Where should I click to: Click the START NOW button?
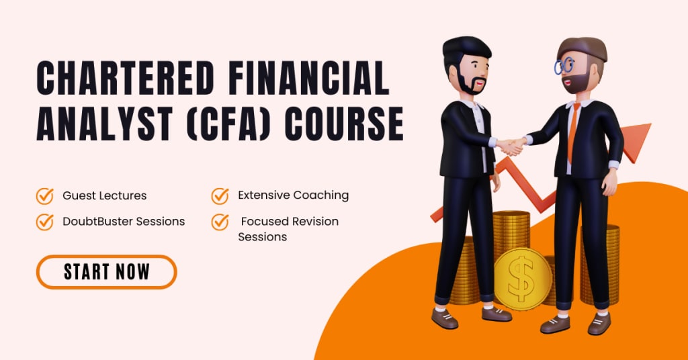[107, 272]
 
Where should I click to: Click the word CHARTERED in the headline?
[126, 79]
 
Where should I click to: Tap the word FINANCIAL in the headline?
[309, 79]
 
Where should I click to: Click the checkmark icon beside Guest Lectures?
[45, 195]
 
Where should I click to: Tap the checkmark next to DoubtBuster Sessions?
[45, 222]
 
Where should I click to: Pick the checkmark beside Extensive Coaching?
[220, 195]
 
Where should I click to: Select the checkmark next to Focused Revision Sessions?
[220, 222]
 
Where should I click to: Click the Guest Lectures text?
[104, 195]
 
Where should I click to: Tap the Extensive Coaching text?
[293, 195]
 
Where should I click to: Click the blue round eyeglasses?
[564, 66]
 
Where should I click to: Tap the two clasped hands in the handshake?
[511, 146]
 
